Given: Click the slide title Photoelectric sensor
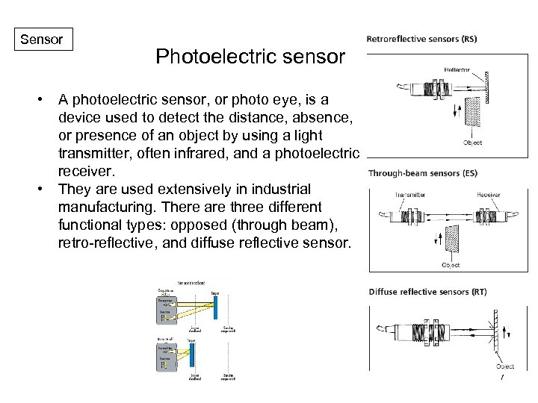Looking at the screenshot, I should (x=250, y=57).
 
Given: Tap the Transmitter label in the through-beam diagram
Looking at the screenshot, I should (x=410, y=194).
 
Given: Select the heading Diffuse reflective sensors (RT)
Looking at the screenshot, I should (x=427, y=292).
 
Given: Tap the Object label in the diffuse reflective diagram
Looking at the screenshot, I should (x=504, y=366).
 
